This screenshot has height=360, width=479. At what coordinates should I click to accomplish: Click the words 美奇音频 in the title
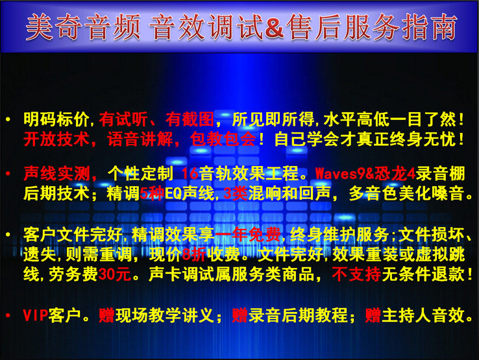pyautogui.click(x=83, y=27)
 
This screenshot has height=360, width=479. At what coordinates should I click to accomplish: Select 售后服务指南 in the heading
pyautogui.click(x=372, y=27)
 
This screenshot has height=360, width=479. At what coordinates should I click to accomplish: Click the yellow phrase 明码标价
pyautogui.click(x=56, y=119)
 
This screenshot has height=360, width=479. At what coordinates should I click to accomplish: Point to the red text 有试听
pyautogui.click(x=123, y=119)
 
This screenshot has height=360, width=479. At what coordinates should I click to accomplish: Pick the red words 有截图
pyautogui.click(x=190, y=119)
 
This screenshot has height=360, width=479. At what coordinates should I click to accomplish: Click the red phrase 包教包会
pyautogui.click(x=223, y=139)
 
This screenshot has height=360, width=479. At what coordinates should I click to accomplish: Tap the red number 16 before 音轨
pyautogui.click(x=190, y=174)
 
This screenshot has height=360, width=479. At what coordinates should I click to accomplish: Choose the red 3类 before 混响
pyautogui.click(x=236, y=193)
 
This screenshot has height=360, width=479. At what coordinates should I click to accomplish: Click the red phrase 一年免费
pyautogui.click(x=248, y=235)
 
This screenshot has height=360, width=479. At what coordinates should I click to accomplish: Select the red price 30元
pyautogui.click(x=115, y=274)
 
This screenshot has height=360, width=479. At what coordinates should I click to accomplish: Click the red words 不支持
pyautogui.click(x=356, y=274)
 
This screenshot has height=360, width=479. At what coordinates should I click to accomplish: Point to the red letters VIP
pyautogui.click(x=36, y=315)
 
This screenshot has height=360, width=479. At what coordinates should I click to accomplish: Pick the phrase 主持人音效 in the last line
pyautogui.click(x=424, y=315)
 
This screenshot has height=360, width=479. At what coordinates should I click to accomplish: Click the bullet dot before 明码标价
pyautogui.click(x=8, y=119)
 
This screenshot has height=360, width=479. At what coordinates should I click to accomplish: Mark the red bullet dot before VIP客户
pyautogui.click(x=8, y=316)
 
